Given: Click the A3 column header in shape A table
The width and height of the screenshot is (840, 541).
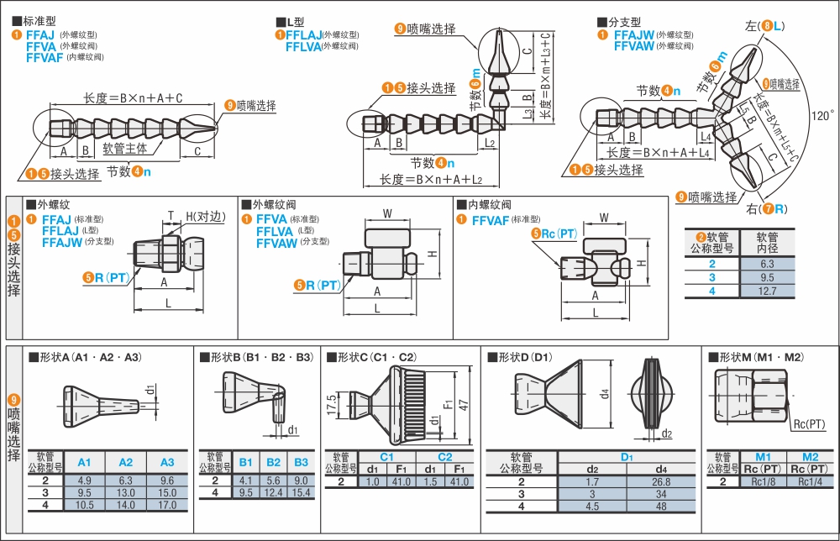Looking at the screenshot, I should point(166,462).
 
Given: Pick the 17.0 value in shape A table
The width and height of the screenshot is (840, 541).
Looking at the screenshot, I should point(166,506).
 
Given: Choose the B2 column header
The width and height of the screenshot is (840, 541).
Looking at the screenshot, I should point(274,462).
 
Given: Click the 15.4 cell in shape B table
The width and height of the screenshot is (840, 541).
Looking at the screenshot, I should point(301,492).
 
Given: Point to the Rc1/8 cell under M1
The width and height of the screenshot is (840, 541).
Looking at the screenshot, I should point(764,481).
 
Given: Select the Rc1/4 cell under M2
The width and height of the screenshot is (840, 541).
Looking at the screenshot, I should point(810,481).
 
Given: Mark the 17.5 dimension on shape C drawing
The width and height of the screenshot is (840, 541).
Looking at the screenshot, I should point(333,402).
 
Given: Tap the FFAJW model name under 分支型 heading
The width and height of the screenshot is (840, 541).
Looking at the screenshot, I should point(633,35).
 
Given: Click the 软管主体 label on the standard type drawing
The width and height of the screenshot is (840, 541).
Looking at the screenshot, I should point(125,148).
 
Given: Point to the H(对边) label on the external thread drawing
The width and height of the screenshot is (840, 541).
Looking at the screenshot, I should point(206,216).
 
